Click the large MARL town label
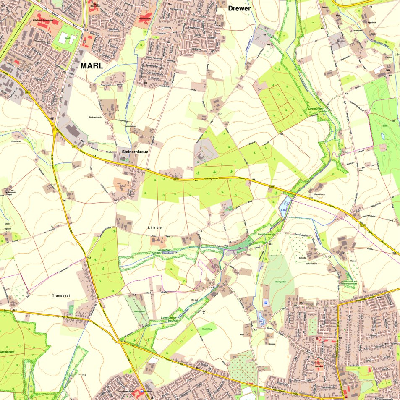point(92,66)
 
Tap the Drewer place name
point(239,8)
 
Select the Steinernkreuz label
point(134,150)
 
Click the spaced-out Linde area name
point(154,227)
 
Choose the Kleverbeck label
point(319,194)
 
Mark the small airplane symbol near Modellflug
point(204,312)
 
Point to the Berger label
point(271,344)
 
